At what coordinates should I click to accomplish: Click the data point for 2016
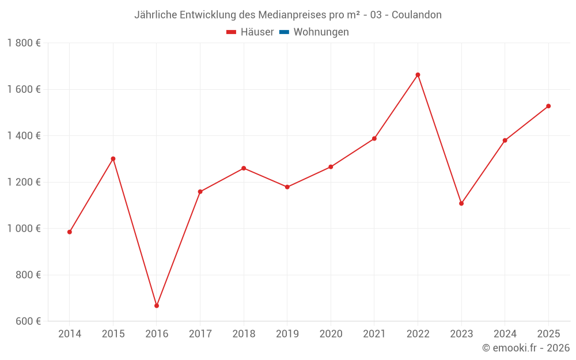click(157, 306)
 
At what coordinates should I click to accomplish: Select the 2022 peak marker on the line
click(418, 75)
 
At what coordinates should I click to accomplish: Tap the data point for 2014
click(70, 232)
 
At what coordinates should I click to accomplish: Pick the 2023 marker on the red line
click(461, 203)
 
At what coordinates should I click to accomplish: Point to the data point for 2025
click(548, 106)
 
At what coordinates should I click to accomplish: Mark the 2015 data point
click(113, 158)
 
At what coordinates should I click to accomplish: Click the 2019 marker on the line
click(287, 187)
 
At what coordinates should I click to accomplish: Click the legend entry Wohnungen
click(321, 32)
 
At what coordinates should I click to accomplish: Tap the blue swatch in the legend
click(284, 32)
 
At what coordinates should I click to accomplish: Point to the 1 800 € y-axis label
click(24, 43)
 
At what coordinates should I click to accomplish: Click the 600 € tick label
click(28, 321)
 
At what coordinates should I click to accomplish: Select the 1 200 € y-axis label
click(24, 182)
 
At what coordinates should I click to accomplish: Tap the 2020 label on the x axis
click(331, 334)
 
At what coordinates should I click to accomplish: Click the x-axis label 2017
click(200, 334)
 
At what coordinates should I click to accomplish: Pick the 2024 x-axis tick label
click(505, 334)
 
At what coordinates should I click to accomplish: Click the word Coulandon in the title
click(416, 15)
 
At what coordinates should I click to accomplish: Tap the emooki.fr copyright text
click(526, 348)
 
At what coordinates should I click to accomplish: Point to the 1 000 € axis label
click(24, 229)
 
